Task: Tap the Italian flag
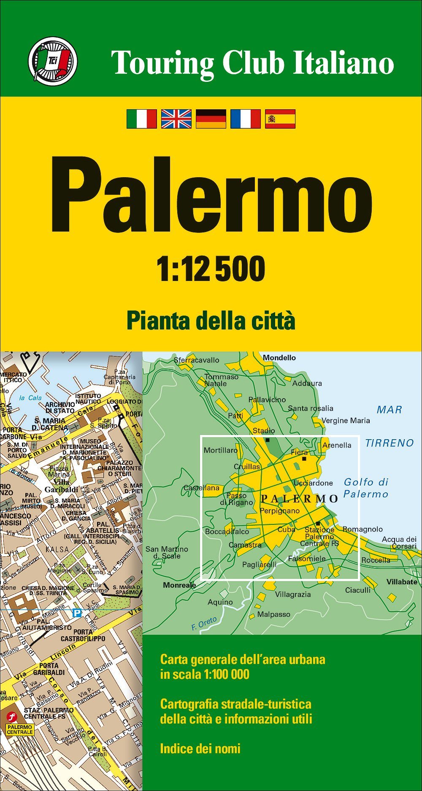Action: pyautogui.click(x=142, y=119)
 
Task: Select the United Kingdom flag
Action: pyautogui.click(x=176, y=119)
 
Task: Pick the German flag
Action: pyautogui.click(x=211, y=119)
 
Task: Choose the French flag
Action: pyautogui.click(x=246, y=119)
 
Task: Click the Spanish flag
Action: pyautogui.click(x=280, y=119)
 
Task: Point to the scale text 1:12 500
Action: pyautogui.click(x=211, y=269)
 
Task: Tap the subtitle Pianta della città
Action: pyautogui.click(x=211, y=321)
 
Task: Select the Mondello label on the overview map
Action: pyautogui.click(x=279, y=358)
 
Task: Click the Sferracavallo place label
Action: pyautogui.click(x=196, y=360)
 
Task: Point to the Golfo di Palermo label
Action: pyautogui.click(x=366, y=488)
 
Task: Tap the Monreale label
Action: pyautogui.click(x=179, y=585)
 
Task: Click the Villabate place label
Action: pyautogui.click(x=402, y=582)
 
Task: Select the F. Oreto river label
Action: pyautogui.click(x=204, y=623)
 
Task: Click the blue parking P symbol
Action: pyautogui.click(x=77, y=613)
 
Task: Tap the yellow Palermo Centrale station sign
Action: pyautogui.click(x=20, y=729)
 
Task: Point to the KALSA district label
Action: pyautogui.click(x=57, y=549)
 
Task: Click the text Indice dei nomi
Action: pyautogui.click(x=200, y=748)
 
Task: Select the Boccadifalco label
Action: pyautogui.click(x=227, y=532)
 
